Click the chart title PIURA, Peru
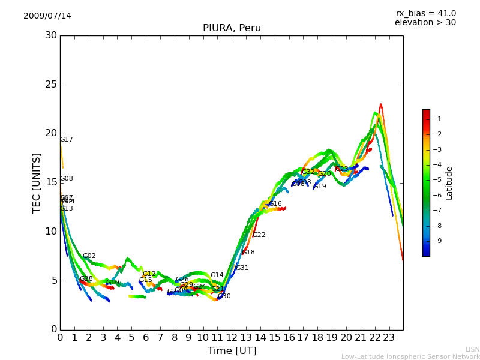[232, 28]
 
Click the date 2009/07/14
[47, 16]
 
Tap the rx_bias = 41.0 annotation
[425, 13]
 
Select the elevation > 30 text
[425, 23]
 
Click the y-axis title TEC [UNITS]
[37, 182]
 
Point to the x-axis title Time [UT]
[232, 350]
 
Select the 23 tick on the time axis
[389, 338]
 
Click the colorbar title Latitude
[449, 182]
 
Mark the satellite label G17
[67, 140]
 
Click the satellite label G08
[67, 179]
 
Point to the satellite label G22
[259, 235]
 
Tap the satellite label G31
[242, 268]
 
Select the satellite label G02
[89, 256]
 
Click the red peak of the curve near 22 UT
[380, 105]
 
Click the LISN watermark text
[472, 349]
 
